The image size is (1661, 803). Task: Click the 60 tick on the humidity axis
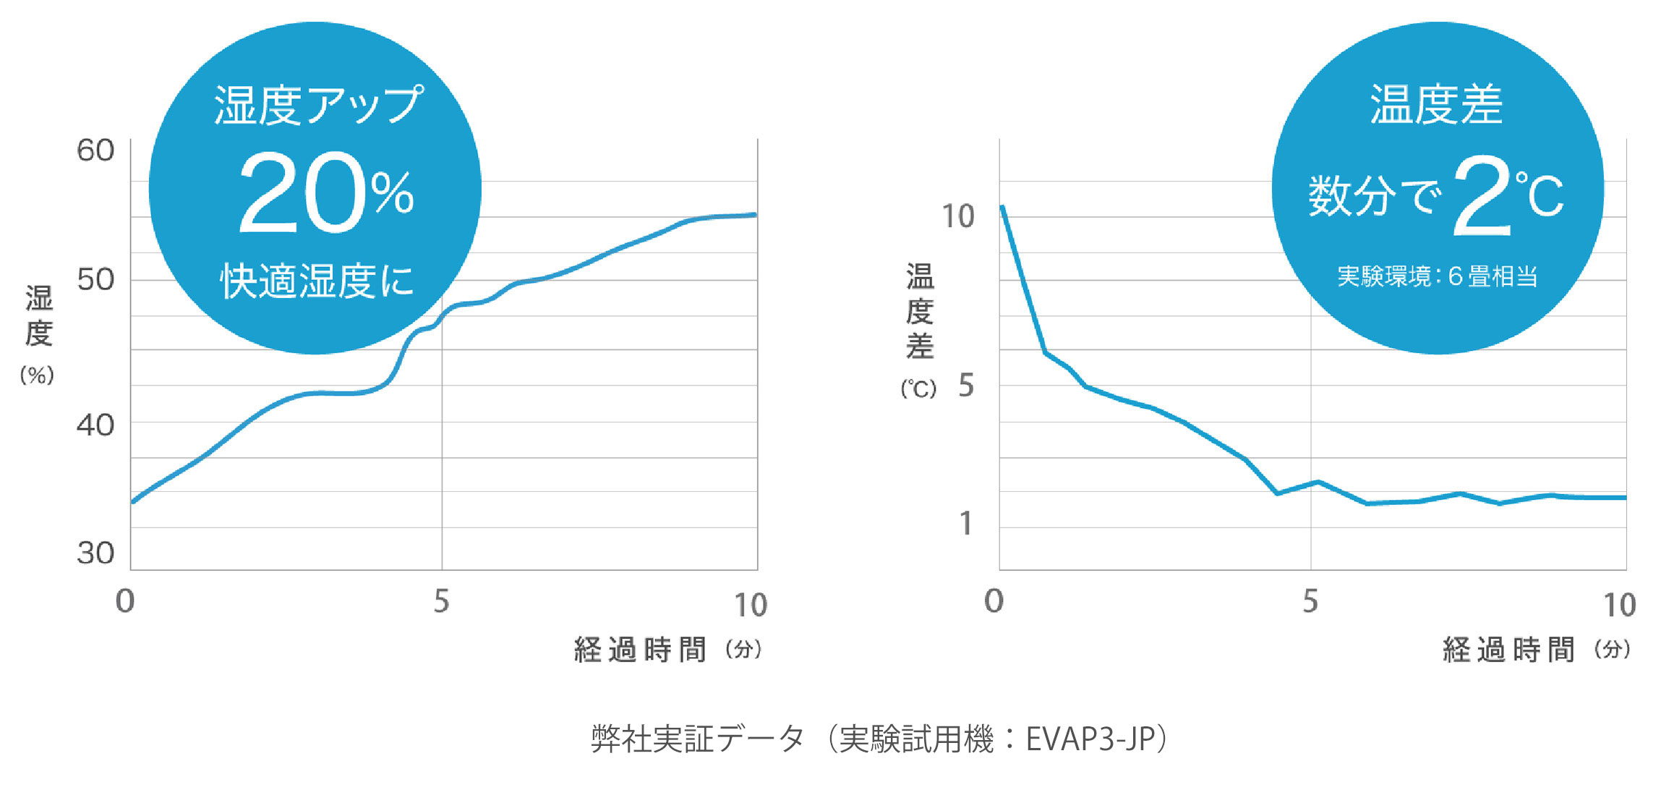pyautogui.click(x=95, y=151)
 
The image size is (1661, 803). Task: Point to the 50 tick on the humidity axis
pyautogui.click(x=95, y=280)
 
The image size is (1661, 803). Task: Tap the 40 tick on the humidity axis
pyautogui.click(x=95, y=425)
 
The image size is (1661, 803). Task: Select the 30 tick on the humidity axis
pyautogui.click(x=95, y=553)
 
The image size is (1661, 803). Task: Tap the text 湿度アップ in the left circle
pyautogui.click(x=317, y=105)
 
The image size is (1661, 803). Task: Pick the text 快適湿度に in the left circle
pyautogui.click(x=317, y=281)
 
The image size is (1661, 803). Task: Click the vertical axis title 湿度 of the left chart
pyautogui.click(x=39, y=316)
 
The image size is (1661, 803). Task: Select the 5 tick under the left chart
pyautogui.click(x=441, y=601)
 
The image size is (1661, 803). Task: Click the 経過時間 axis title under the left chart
pyautogui.click(x=640, y=650)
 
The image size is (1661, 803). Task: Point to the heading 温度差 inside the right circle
pyautogui.click(x=1436, y=105)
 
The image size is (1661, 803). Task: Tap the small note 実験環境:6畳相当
pyautogui.click(x=1437, y=276)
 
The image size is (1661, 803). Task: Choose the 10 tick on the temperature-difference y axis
pyautogui.click(x=957, y=216)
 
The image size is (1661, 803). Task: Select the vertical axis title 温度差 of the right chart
pyautogui.click(x=920, y=311)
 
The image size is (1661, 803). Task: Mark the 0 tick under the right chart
pyautogui.click(x=994, y=601)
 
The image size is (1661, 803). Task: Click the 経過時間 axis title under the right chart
pyautogui.click(x=1508, y=650)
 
